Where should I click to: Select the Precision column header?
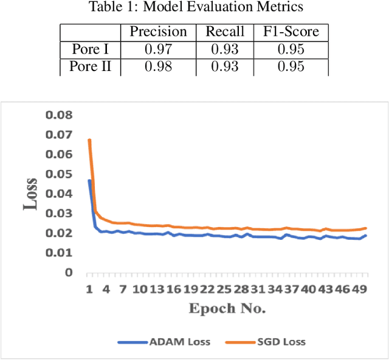[158, 32]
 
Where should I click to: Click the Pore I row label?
[90, 50]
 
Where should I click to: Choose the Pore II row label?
[90, 67]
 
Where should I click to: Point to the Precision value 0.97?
[158, 50]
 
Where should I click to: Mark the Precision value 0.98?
[158, 67]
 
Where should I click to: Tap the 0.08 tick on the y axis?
[60, 115]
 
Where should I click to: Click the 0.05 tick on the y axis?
[60, 174]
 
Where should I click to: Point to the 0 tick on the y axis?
[68, 273]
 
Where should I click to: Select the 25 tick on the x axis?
[225, 290]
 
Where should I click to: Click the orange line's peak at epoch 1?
[89, 140]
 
